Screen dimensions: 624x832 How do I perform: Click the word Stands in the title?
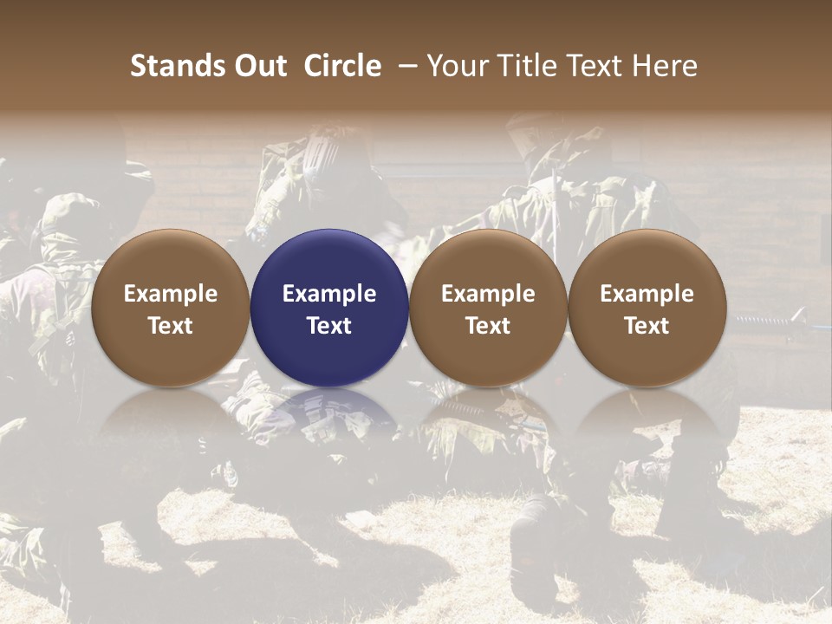[177, 66]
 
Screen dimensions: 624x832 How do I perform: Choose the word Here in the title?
[665, 66]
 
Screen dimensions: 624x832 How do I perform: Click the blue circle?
[329, 260]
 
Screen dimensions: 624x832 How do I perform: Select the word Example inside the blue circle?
[329, 294]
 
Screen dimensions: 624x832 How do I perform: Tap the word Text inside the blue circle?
[329, 326]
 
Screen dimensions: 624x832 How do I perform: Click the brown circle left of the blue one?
[171, 260]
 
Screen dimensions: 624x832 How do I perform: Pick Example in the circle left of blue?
[171, 294]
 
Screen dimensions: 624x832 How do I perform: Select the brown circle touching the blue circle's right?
[488, 260]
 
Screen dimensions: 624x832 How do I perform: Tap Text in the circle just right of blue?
[488, 326]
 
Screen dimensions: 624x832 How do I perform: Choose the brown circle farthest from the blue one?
[647, 260]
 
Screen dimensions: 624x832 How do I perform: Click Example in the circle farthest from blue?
[647, 294]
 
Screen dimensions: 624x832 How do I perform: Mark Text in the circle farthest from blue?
[647, 326]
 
